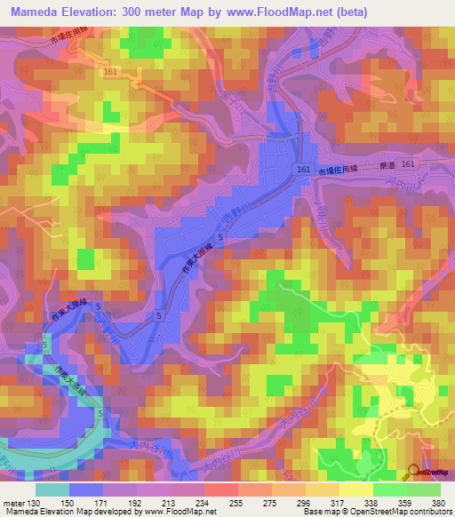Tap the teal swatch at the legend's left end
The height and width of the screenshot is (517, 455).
point(52,489)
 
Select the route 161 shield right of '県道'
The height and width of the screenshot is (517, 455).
point(407,165)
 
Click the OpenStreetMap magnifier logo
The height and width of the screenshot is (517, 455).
point(415,472)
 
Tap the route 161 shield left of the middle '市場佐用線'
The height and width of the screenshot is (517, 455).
point(304,169)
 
